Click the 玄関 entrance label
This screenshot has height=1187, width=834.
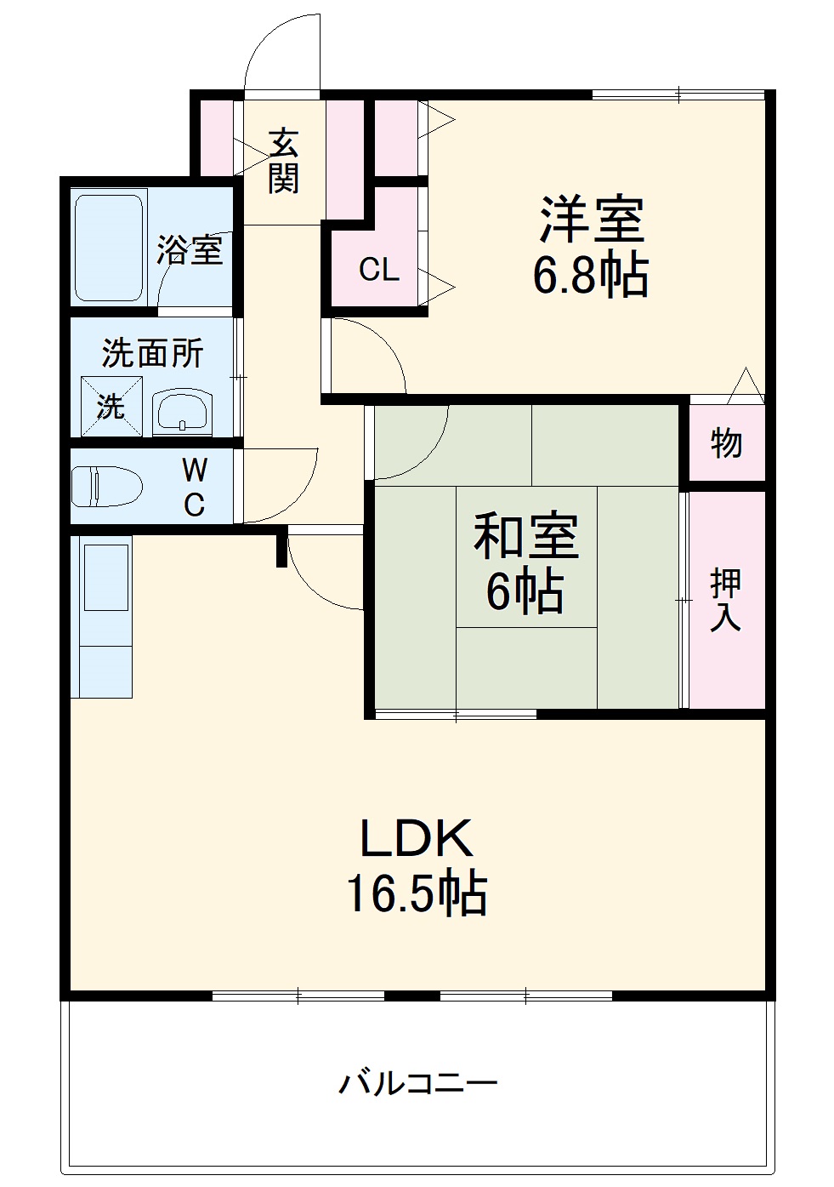pos(284,161)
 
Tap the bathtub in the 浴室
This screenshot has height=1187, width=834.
pos(108,248)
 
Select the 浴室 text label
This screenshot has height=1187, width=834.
pos(190,249)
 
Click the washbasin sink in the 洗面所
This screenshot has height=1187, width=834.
pos(182,413)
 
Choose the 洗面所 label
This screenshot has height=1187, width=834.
pos(152,352)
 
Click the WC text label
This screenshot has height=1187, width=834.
pos(195,487)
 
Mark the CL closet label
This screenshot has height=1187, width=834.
pos(378,270)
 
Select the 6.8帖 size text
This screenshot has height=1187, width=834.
pos(591,274)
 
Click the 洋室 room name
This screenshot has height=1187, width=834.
pos(592,219)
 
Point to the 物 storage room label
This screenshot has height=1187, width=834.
pos(726,442)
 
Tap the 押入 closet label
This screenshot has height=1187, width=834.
pos(725,600)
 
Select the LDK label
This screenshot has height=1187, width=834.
pos(417,838)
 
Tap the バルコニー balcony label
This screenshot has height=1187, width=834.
pos(418,1083)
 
